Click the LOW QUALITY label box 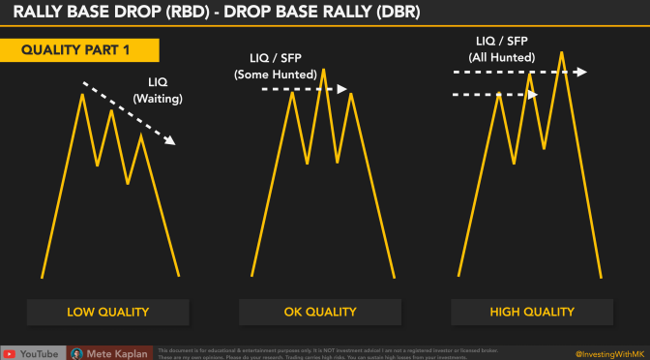(108, 312)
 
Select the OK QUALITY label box (320, 312)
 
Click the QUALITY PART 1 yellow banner (76, 50)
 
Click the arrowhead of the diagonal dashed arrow (171, 141)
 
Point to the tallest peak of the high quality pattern (561, 51)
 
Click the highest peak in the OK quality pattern (322, 69)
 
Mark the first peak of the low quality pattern (82, 93)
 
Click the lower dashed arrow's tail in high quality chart (456, 95)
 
